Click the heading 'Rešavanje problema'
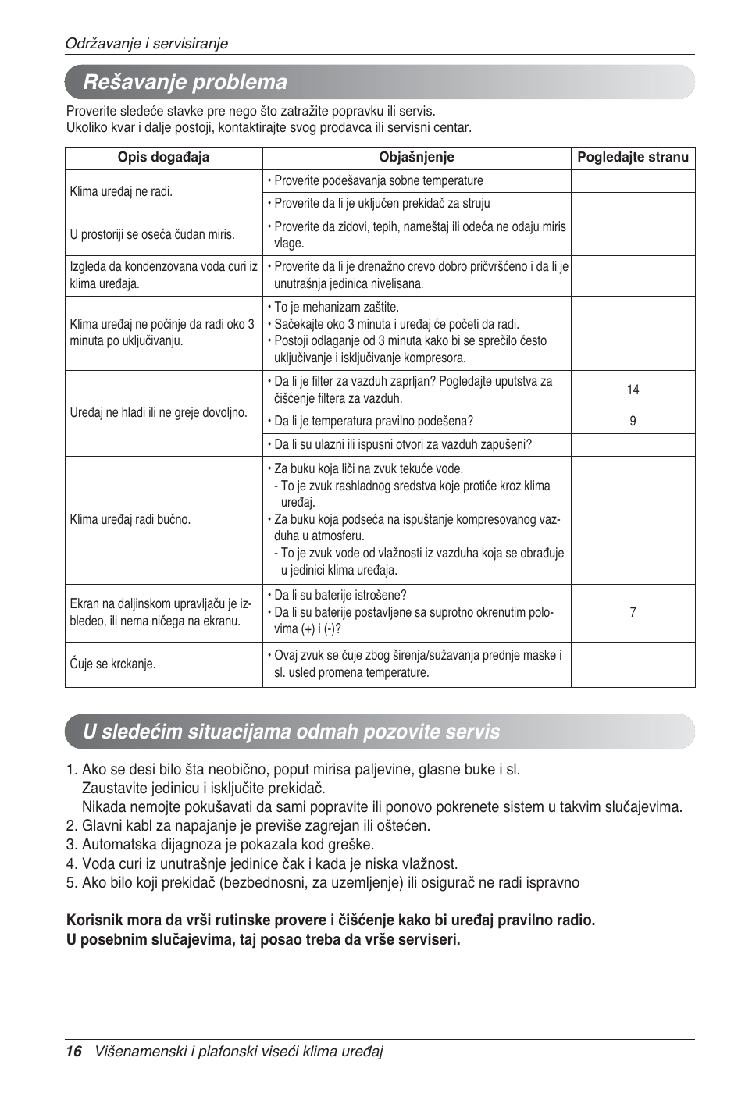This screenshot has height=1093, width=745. [x=185, y=82]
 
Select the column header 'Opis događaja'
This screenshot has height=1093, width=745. [x=163, y=158]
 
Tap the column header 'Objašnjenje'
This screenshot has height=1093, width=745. [x=416, y=158]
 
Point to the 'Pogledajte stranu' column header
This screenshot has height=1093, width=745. [x=633, y=158]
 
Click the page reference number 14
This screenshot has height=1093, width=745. [x=633, y=390]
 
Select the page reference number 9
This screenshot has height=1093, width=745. [x=633, y=422]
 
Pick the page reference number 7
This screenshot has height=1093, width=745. [x=633, y=612]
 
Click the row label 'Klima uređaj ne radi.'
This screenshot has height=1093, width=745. [x=121, y=191]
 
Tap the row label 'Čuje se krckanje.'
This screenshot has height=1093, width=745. [x=112, y=664]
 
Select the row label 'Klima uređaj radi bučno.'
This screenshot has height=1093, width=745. [x=130, y=519]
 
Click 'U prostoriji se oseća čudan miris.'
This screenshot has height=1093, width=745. [x=152, y=235]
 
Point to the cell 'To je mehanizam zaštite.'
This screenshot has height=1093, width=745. [x=336, y=308]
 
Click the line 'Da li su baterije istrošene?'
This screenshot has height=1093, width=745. [x=340, y=596]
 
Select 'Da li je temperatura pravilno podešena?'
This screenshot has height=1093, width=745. [x=373, y=422]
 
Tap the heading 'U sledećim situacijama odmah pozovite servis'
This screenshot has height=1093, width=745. [x=291, y=732]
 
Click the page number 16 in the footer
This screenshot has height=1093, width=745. [x=73, y=1052]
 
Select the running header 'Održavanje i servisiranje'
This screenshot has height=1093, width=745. [x=146, y=44]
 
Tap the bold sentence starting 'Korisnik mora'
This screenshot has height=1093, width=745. [x=330, y=920]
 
